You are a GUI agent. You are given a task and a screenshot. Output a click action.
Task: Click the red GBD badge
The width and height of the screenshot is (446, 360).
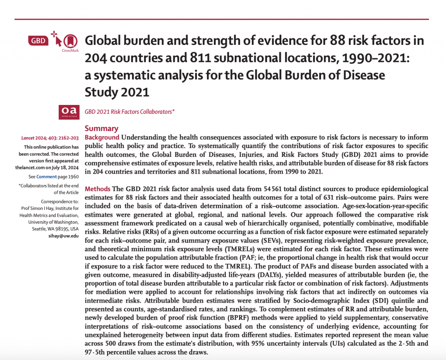(x=37, y=41)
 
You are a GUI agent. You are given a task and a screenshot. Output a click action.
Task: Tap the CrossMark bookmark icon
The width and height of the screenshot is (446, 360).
(x=68, y=40)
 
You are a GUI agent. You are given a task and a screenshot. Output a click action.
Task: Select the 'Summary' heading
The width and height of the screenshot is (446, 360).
(x=101, y=128)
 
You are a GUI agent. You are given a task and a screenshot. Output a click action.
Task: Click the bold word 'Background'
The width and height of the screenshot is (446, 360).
(x=102, y=138)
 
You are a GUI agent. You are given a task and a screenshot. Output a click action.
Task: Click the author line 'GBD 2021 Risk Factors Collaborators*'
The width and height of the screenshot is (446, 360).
(x=130, y=111)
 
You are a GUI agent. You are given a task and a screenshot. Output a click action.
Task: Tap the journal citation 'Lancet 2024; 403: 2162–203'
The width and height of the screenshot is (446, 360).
(x=50, y=138)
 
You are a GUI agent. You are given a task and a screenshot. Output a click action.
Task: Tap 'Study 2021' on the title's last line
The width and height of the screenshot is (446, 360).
(x=117, y=92)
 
